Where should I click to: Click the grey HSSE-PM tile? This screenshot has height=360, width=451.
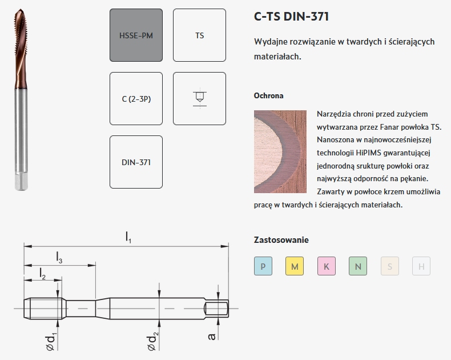136,35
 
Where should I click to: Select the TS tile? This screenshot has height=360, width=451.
199,35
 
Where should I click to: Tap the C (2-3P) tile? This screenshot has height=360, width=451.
136,99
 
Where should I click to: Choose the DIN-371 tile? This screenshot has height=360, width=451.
136,162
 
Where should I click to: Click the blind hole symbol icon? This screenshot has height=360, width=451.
199,98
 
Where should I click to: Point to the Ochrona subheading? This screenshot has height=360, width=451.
268,95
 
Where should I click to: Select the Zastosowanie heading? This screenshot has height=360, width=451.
281,240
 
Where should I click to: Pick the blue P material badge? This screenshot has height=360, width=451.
263,266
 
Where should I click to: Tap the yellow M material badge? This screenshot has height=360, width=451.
295,266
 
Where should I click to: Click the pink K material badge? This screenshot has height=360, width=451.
326,266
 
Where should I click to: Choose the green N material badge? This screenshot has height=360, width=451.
358,266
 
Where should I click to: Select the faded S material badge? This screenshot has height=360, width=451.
389,266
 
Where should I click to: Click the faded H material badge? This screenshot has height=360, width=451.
421,266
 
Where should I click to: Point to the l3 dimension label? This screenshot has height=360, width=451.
59,258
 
